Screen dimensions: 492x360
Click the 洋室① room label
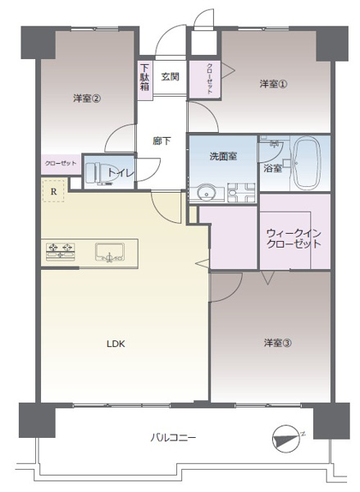point(273,84)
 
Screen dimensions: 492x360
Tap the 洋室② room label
point(86,99)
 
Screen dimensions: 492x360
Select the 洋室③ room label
point(277,342)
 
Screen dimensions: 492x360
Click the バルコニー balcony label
point(172,438)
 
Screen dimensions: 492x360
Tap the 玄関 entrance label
point(170,77)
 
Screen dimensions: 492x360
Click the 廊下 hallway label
point(162,141)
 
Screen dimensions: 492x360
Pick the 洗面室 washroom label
point(223,156)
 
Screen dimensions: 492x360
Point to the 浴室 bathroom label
point(272,168)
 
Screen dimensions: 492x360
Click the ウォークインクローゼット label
point(293,238)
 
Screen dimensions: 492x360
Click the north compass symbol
point(287,438)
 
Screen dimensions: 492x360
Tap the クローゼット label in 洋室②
point(60,163)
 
